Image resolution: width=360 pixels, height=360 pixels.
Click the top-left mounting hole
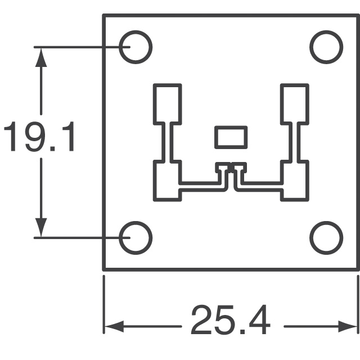[136, 47]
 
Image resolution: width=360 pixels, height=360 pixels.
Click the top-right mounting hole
[326, 47]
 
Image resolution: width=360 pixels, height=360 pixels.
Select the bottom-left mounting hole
[136, 237]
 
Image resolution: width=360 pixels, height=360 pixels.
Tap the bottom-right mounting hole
[326, 237]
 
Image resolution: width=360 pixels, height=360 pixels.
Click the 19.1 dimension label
[39, 139]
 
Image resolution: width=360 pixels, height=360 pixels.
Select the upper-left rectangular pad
[167, 103]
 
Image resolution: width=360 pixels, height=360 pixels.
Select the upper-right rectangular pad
[294, 103]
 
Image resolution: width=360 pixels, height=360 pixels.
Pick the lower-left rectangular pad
[167, 180]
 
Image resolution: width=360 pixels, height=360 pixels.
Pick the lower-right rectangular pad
[294, 180]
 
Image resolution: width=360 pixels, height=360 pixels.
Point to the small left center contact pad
[222, 167]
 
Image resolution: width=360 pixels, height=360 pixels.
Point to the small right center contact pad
[240, 167]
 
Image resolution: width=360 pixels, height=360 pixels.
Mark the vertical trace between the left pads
[167, 143]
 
